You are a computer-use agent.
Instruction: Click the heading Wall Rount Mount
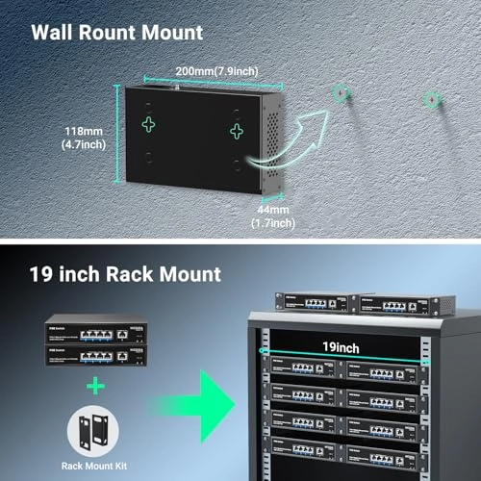(116, 33)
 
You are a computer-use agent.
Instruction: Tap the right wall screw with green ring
(432, 99)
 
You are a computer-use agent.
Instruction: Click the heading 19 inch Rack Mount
(126, 275)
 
